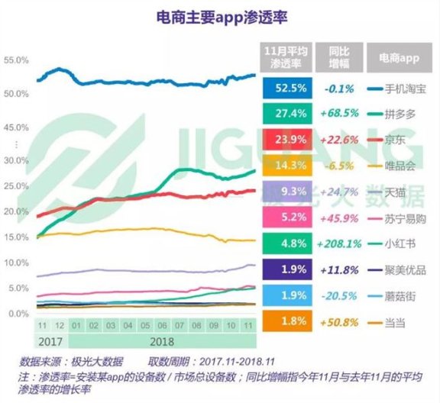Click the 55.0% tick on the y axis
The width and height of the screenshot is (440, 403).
tap(17, 60)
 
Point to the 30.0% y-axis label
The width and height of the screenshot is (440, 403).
tap(17, 161)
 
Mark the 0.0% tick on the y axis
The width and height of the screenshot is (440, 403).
tap(17, 314)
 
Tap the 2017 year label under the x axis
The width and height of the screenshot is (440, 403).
tap(50, 340)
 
